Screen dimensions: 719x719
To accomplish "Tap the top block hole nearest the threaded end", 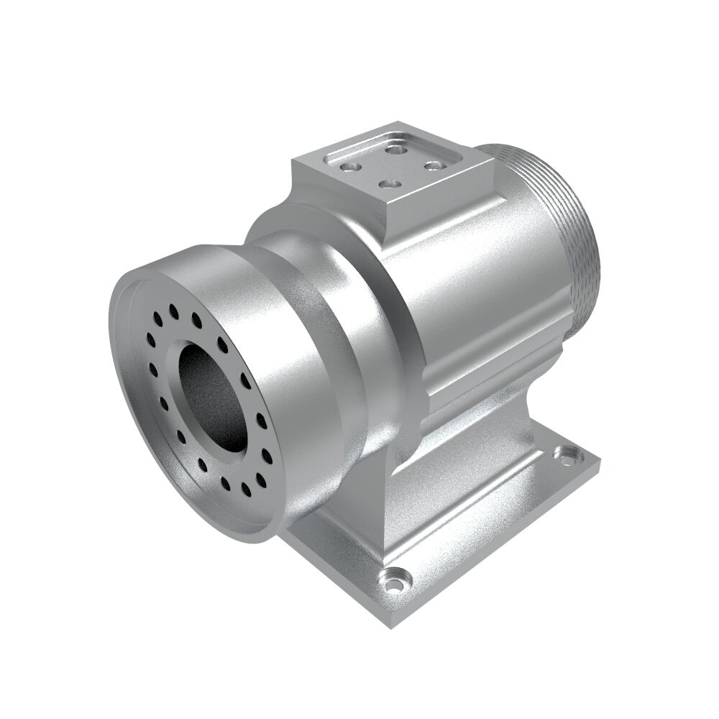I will pos(433,165).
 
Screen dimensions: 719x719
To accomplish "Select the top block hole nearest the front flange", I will pos(350,166).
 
